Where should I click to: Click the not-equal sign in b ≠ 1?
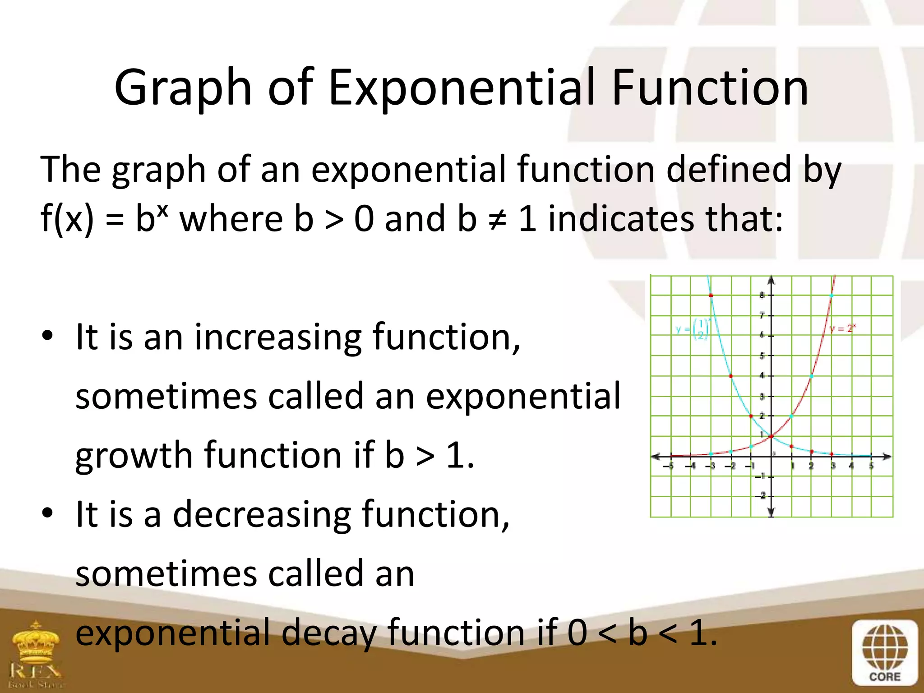[497, 219]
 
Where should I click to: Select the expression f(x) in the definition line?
[67, 218]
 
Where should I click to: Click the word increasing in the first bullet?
[278, 337]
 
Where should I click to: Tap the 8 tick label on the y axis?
[762, 296]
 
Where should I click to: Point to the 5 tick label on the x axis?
[872, 466]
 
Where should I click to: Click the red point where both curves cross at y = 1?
[772, 436]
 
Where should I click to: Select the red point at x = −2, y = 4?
[731, 376]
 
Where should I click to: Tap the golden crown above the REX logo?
[36, 641]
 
